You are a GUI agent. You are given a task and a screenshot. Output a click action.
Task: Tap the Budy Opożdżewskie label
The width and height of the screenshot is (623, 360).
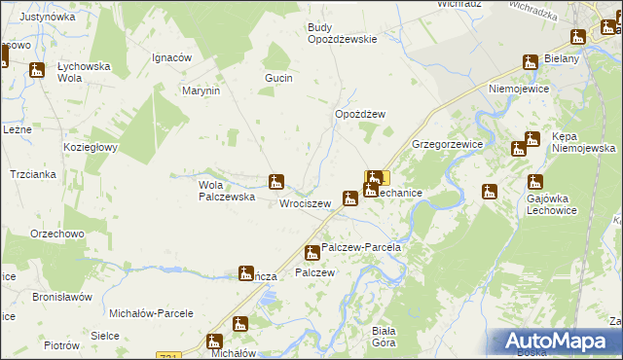pos(342,33)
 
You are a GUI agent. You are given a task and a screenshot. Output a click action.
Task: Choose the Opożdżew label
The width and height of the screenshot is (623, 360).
pos(360,114)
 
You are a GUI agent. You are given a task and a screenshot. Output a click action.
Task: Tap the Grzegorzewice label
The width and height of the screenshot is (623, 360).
pos(448,144)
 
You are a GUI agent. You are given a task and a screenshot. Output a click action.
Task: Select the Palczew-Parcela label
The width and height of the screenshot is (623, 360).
pos(361,248)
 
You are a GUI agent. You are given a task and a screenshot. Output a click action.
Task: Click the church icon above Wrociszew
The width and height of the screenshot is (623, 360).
pos(276,181)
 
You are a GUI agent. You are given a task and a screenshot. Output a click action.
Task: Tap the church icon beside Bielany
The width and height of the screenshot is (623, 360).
pos(531,62)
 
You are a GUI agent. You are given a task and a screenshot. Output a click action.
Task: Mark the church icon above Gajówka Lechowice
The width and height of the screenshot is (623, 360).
pos(534,182)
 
